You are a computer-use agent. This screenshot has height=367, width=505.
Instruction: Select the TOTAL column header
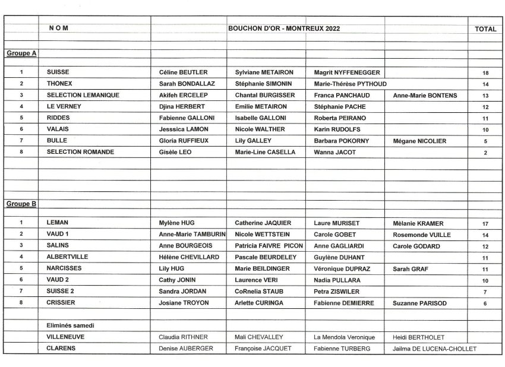(485, 29)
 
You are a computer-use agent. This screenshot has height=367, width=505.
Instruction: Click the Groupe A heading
(21, 53)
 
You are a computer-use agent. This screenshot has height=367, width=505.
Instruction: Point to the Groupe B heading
(21, 204)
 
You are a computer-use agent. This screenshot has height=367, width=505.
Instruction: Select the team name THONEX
(60, 84)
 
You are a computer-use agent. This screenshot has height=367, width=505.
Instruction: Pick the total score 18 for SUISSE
(485, 73)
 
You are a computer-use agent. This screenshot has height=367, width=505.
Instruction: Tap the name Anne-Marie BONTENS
(424, 95)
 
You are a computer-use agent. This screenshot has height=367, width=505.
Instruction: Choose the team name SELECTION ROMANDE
(80, 152)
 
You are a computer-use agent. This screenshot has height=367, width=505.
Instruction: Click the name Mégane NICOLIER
(419, 141)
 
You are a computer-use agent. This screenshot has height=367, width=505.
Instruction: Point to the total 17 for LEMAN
(485, 224)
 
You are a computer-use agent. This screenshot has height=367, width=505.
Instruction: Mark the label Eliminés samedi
(70, 325)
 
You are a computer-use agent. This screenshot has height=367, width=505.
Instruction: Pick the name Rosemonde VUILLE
(421, 235)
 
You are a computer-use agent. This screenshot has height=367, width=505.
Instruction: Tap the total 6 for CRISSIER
(485, 303)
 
